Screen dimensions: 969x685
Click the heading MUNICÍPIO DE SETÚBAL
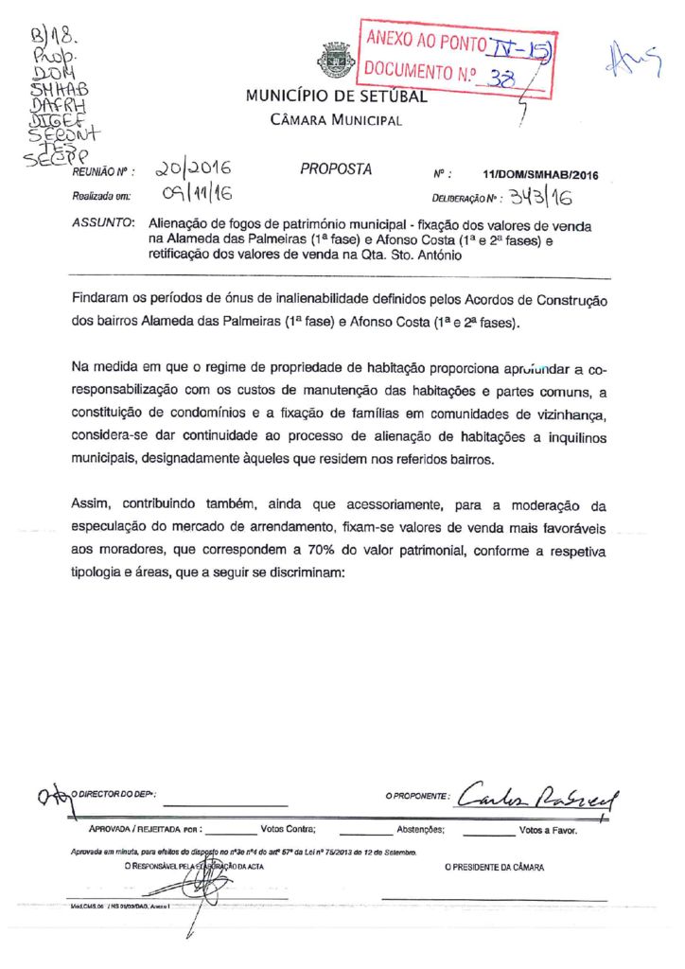336,96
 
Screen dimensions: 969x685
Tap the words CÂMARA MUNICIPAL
336,120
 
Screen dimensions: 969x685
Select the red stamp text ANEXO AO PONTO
427,42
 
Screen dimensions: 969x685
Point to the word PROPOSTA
336,169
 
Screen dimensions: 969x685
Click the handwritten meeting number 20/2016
196,169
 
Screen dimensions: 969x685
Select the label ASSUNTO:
102,224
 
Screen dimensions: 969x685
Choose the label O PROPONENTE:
415,798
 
